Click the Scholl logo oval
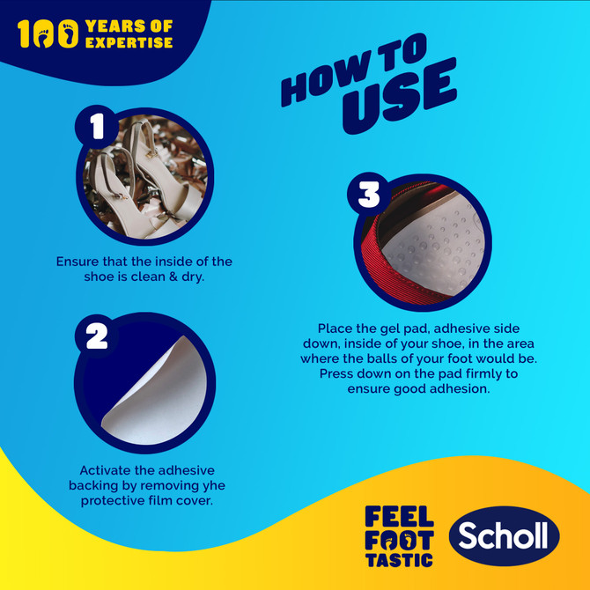point(504,536)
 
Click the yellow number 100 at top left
point(44,34)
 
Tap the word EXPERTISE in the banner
point(129,42)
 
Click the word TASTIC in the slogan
point(399,559)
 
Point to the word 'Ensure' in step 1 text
point(79,262)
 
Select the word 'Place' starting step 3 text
point(337,326)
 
